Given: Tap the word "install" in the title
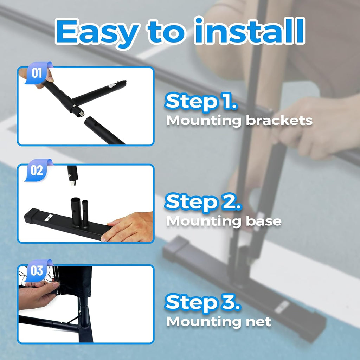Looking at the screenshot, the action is coord(250,31).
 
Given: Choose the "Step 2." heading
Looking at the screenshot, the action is coord(203,202).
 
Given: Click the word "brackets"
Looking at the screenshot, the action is coord(279,120).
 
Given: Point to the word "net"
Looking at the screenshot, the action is coord(258,321).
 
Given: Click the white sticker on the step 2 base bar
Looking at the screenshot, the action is coord(49,217).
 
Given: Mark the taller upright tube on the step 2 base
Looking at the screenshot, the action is coord(75,212).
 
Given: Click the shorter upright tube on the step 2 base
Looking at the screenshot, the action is coord(85,213).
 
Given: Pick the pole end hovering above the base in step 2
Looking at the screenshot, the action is coord(72,175).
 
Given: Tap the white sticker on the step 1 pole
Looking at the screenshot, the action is coord(111,86).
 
